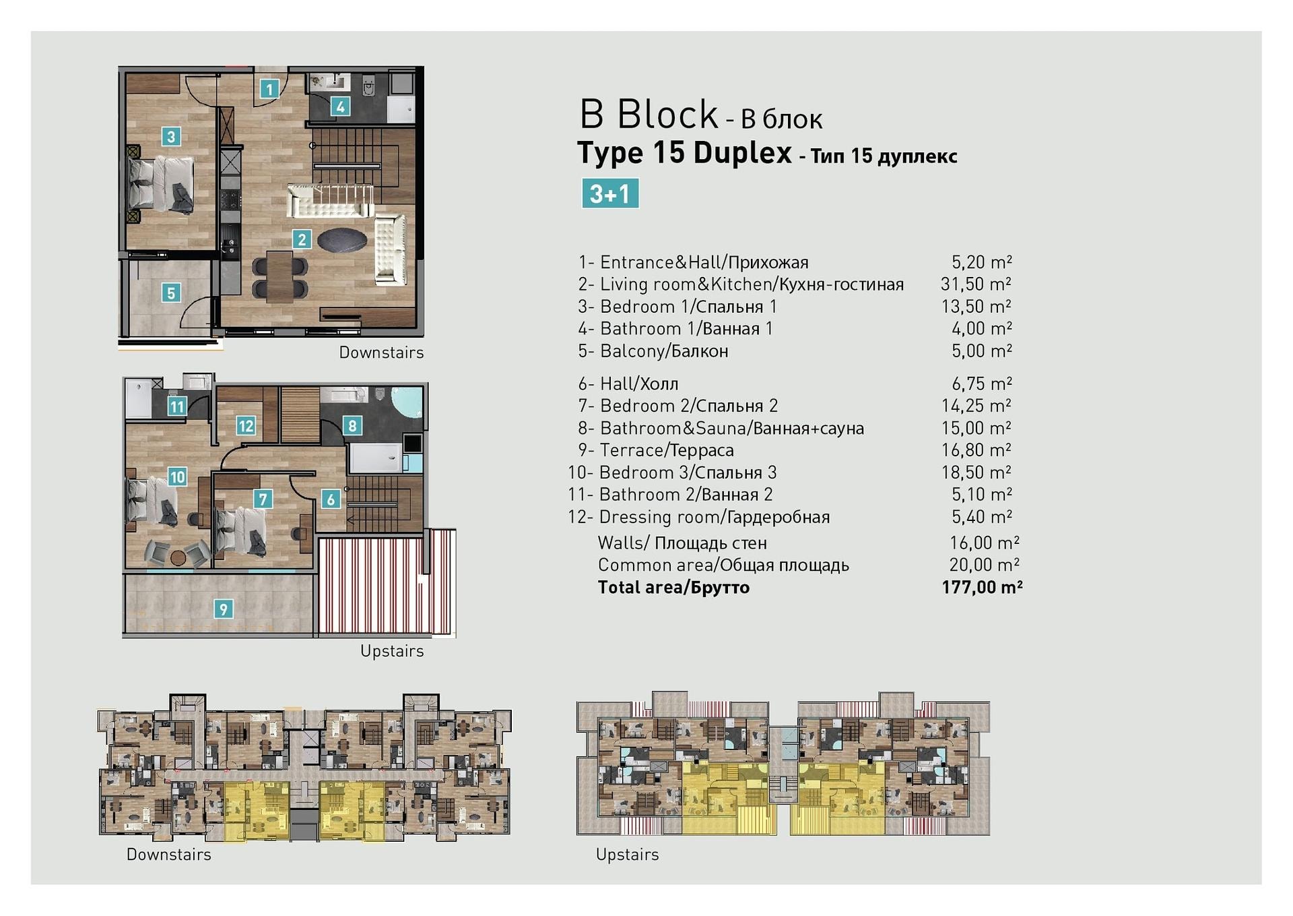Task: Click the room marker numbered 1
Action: tap(269, 88)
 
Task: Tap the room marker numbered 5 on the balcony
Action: tap(171, 293)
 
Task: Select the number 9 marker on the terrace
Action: tap(223, 609)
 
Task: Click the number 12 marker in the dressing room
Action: tap(246, 425)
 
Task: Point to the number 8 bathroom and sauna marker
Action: tap(352, 425)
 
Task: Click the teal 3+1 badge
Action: tap(610, 193)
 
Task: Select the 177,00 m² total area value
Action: tap(982, 587)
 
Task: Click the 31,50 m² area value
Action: tap(976, 284)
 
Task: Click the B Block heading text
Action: tap(649, 114)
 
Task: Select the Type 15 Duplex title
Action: tap(685, 153)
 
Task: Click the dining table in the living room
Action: tap(279, 276)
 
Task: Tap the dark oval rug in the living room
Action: tap(342, 240)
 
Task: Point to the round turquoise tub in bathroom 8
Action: tap(407, 402)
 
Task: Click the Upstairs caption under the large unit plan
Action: tap(392, 651)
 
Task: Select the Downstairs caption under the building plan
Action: tap(169, 855)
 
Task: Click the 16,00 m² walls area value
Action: tap(984, 543)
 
